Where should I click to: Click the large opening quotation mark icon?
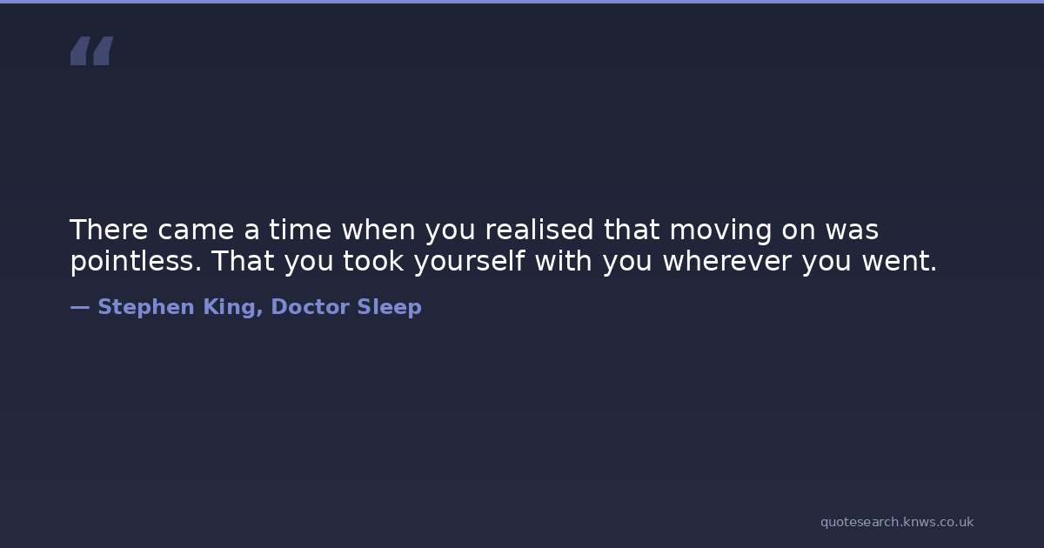click(x=92, y=50)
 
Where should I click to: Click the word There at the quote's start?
click(x=109, y=230)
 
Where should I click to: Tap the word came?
click(x=196, y=231)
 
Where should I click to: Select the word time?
click(x=300, y=230)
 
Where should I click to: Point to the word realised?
click(x=539, y=230)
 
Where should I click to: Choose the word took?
click(x=373, y=260)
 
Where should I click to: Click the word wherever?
click(x=727, y=260)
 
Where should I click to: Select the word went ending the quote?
click(x=900, y=262)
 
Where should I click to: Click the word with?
click(x=564, y=260)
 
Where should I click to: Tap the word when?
click(x=378, y=230)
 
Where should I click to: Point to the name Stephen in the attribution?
click(x=146, y=308)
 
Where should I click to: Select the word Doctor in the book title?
click(x=310, y=307)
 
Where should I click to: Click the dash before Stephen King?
click(x=80, y=307)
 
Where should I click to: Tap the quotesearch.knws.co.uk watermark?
click(x=897, y=522)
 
